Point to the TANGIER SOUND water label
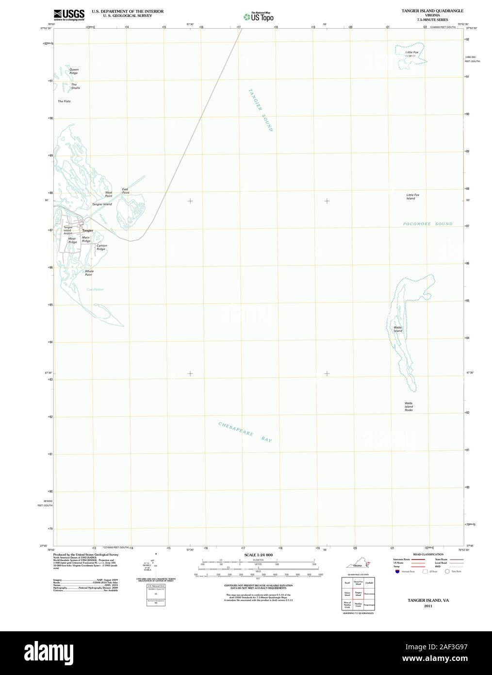coord(261,110)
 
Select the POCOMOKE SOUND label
coord(427,224)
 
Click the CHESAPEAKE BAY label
coord(245,432)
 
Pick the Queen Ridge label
coord(73,71)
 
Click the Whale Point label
coord(89,273)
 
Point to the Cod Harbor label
coord(95,290)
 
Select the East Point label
coord(125,191)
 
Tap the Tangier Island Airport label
coord(68,230)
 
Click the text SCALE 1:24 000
coord(258,555)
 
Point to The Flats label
coord(64,101)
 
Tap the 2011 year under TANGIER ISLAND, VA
coord(427,606)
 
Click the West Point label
coord(109,194)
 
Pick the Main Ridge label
coord(86,239)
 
